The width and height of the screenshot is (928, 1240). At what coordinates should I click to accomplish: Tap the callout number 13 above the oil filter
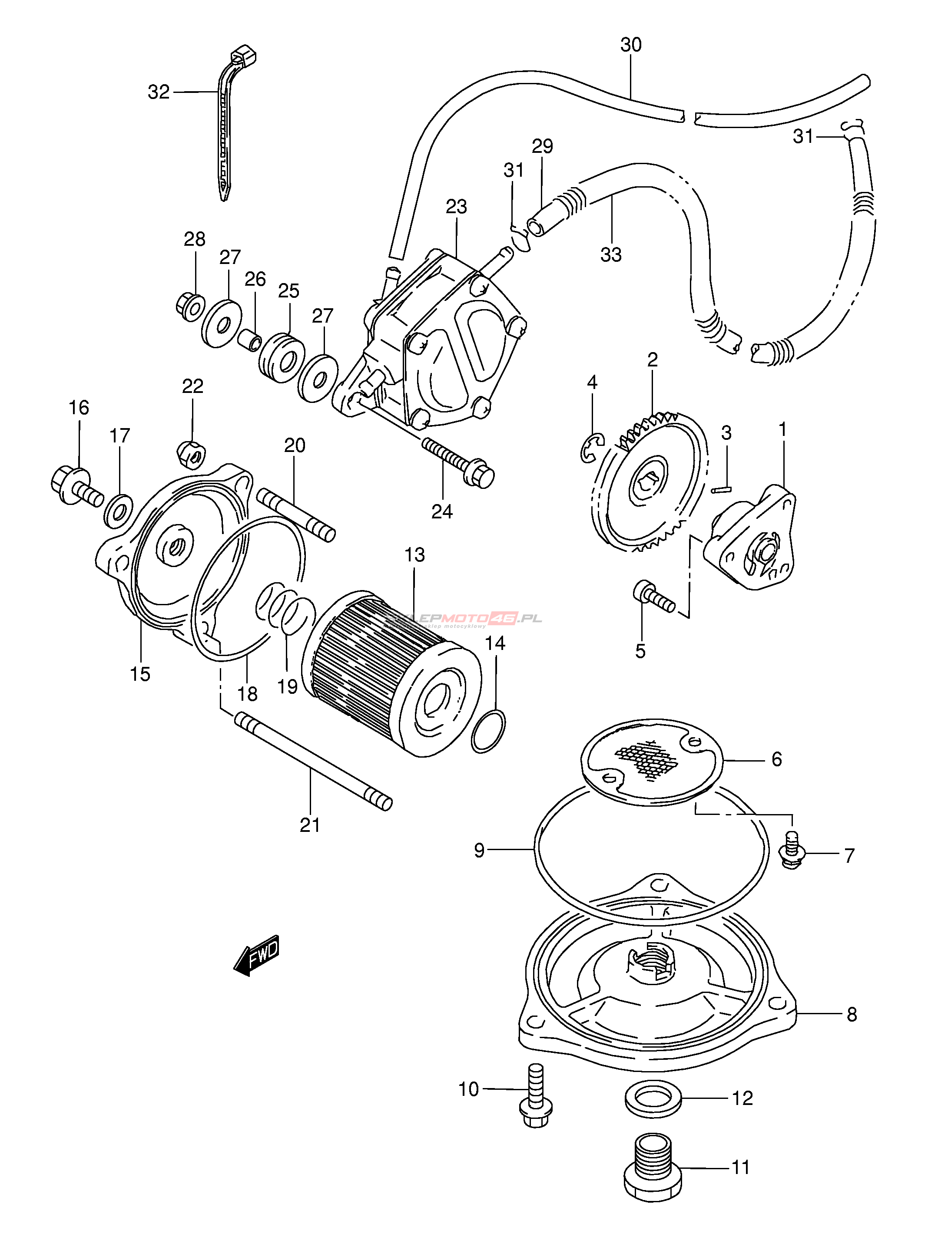(414, 555)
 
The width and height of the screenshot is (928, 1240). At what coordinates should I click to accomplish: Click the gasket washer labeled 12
(653, 1097)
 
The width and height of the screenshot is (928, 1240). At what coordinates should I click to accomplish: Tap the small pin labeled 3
(720, 489)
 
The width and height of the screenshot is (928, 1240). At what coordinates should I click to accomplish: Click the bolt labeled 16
(75, 487)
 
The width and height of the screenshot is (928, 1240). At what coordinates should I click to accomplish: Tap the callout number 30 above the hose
(631, 45)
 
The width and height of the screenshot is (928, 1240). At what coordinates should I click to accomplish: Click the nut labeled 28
(189, 306)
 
